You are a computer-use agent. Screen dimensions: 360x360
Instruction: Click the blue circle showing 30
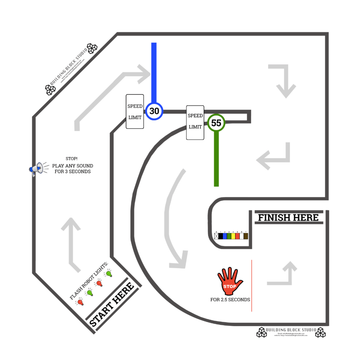click(154, 111)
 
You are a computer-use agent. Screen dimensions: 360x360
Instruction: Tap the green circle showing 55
click(216, 123)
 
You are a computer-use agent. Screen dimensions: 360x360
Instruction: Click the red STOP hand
click(230, 281)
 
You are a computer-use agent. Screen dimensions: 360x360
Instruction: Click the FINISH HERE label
click(288, 218)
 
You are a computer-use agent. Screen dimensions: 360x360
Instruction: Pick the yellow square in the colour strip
click(233, 236)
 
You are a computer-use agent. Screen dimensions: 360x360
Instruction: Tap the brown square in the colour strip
click(246, 236)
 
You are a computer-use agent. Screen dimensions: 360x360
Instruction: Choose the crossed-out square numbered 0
click(216, 236)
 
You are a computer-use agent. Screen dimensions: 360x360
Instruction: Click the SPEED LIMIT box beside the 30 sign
click(135, 111)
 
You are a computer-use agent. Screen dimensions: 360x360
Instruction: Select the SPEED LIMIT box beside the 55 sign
click(195, 122)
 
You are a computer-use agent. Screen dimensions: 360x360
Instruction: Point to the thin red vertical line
click(252, 285)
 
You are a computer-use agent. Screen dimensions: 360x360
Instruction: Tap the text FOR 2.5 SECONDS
click(230, 300)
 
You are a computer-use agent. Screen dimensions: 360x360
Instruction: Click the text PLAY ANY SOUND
click(73, 166)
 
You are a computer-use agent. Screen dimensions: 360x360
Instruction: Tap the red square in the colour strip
click(237, 236)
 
